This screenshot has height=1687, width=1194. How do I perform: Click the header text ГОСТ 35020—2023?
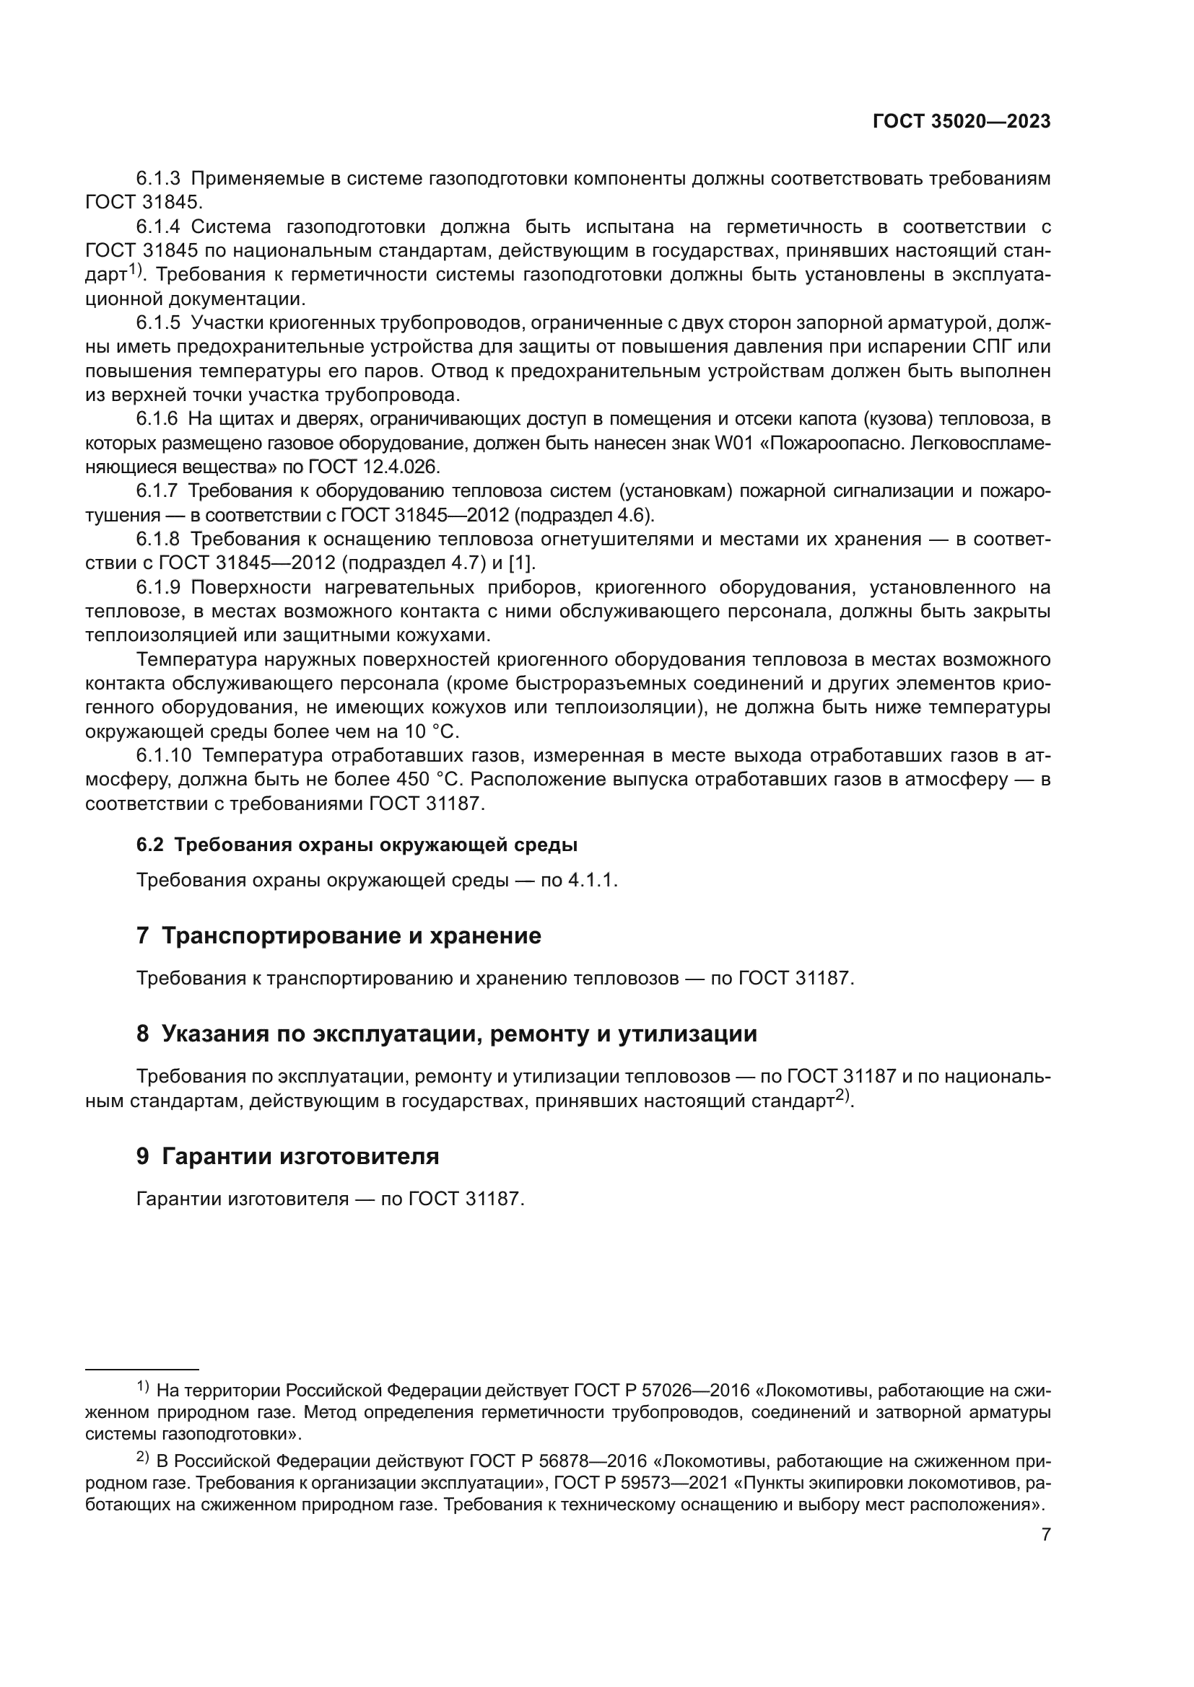(961, 122)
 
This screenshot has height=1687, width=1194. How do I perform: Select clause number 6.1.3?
(158, 179)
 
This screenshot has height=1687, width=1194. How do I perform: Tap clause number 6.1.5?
(158, 322)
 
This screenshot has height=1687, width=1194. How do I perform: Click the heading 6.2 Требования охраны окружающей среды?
(357, 845)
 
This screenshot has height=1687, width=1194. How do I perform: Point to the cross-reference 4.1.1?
(592, 880)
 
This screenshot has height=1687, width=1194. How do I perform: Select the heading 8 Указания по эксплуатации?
(446, 1034)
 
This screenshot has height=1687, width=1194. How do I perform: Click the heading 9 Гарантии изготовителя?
(287, 1157)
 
